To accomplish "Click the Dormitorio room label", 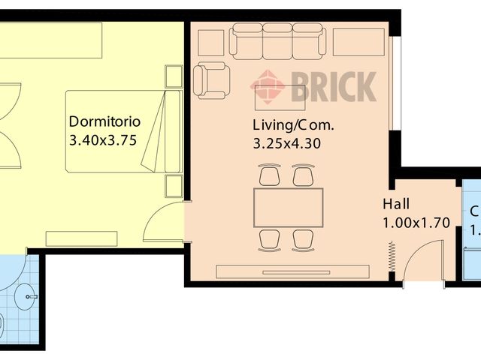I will click(104, 121).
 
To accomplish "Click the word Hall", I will click(396, 204).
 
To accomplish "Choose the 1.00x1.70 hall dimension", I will click(416, 222).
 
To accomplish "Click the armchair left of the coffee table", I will click(211, 80).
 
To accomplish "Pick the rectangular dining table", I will click(289, 208).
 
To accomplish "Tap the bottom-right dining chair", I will click(304, 239).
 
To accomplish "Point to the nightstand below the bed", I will click(173, 185).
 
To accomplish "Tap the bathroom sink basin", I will click(30, 297).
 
